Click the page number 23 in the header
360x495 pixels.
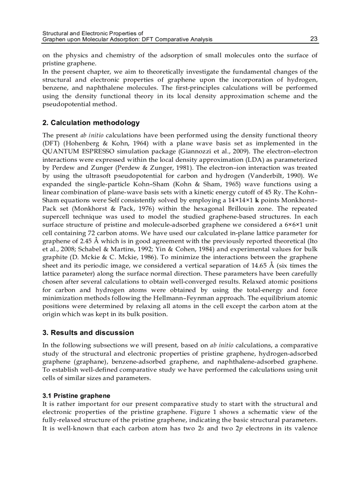pos(314,39)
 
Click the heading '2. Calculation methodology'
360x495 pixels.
pos(91,123)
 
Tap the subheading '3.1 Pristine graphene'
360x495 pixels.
pos(76,395)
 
